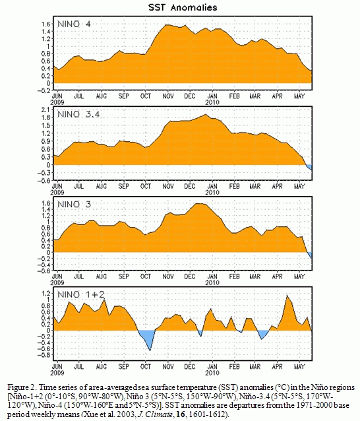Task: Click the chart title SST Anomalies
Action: point(183,7)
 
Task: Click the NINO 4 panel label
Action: point(74,24)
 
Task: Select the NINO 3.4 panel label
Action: point(78,114)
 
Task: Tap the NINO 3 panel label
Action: point(74,205)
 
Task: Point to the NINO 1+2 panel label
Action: point(81,294)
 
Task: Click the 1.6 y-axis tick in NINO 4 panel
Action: point(45,24)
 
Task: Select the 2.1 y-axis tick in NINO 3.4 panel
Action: point(45,110)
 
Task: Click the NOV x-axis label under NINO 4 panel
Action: point(168,96)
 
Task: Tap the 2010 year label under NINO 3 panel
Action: point(212,282)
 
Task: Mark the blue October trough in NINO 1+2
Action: point(147,339)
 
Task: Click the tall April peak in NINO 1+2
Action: point(287,296)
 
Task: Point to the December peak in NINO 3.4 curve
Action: point(206,114)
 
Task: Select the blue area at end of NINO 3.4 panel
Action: point(309,166)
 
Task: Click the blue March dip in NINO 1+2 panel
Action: point(262,335)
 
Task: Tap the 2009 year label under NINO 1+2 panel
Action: point(57,373)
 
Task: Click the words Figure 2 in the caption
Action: point(21,388)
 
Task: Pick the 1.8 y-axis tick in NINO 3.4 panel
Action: point(45,117)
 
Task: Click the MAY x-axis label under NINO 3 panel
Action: point(299,276)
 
